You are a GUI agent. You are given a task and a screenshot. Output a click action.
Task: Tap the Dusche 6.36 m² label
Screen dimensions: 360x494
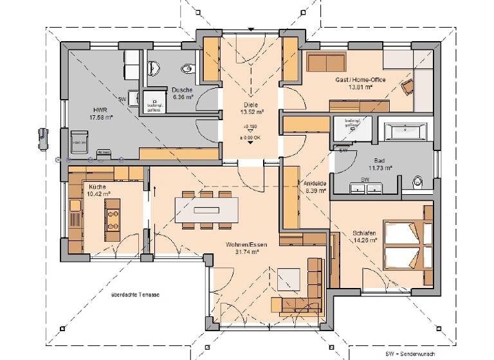(x=182, y=94)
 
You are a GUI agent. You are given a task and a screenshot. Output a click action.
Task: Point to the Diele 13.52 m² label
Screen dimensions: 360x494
(x=250, y=107)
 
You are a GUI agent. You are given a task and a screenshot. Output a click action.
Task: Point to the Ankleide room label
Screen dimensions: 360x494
(x=315, y=186)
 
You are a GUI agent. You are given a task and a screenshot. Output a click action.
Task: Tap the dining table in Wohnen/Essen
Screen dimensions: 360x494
(x=206, y=210)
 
